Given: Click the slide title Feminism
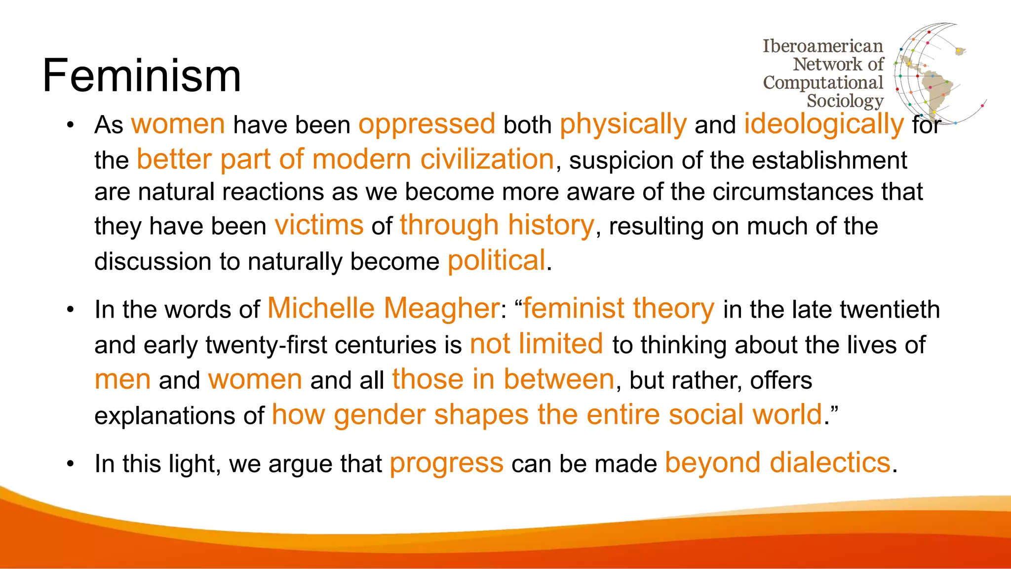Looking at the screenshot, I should [142, 76].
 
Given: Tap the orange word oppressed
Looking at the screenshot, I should [427, 124].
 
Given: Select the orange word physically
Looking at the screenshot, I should [623, 124].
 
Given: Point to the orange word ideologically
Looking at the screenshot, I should [824, 124].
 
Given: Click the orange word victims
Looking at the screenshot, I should [319, 225].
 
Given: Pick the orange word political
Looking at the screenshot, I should [496, 260].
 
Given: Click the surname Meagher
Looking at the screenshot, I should [442, 308].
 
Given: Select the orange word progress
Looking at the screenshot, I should [446, 463].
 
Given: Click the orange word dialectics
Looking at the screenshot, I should [829, 463].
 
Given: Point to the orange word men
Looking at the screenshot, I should [122, 379].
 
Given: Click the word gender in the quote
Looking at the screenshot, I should [379, 415].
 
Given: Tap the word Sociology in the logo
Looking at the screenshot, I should [845, 101].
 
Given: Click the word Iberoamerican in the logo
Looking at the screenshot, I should [822, 46].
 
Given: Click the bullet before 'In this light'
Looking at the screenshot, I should [71, 464].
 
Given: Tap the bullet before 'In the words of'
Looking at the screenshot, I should [71, 310].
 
